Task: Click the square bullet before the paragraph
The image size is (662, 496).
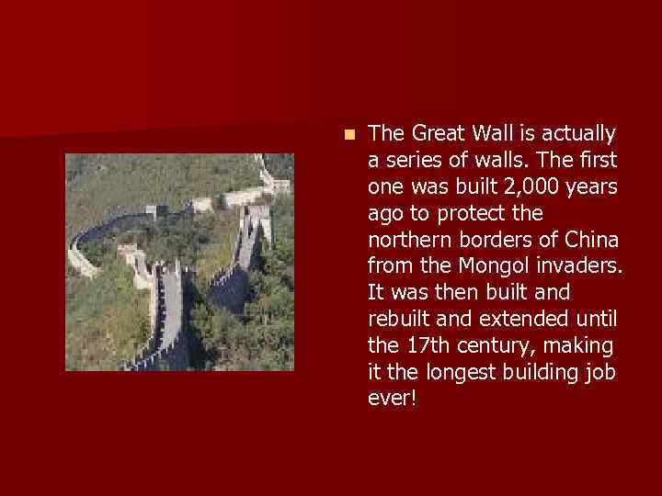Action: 347,134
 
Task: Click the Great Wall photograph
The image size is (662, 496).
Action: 179,262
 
